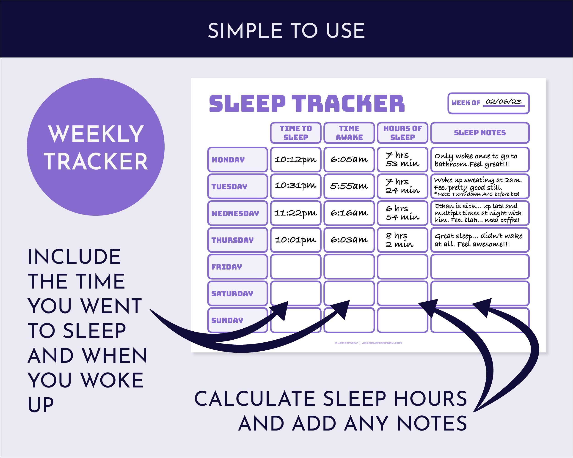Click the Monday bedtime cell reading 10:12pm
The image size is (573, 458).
tap(295, 159)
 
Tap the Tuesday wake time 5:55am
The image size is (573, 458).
tap(349, 186)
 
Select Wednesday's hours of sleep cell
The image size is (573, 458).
tap(402, 213)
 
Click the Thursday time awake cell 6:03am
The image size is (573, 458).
tap(349, 240)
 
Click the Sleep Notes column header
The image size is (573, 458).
tap(480, 133)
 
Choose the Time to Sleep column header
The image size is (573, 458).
tap(295, 133)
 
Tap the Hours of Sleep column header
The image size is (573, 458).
tap(402, 133)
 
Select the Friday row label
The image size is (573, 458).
tap(237, 267)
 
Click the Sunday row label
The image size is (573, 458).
tap(237, 320)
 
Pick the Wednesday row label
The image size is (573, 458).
tap(237, 213)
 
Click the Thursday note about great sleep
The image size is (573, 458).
tap(478, 240)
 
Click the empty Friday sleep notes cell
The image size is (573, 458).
tap(480, 267)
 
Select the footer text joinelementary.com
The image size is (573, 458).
tap(382, 343)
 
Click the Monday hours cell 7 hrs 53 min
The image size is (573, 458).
tap(402, 159)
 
